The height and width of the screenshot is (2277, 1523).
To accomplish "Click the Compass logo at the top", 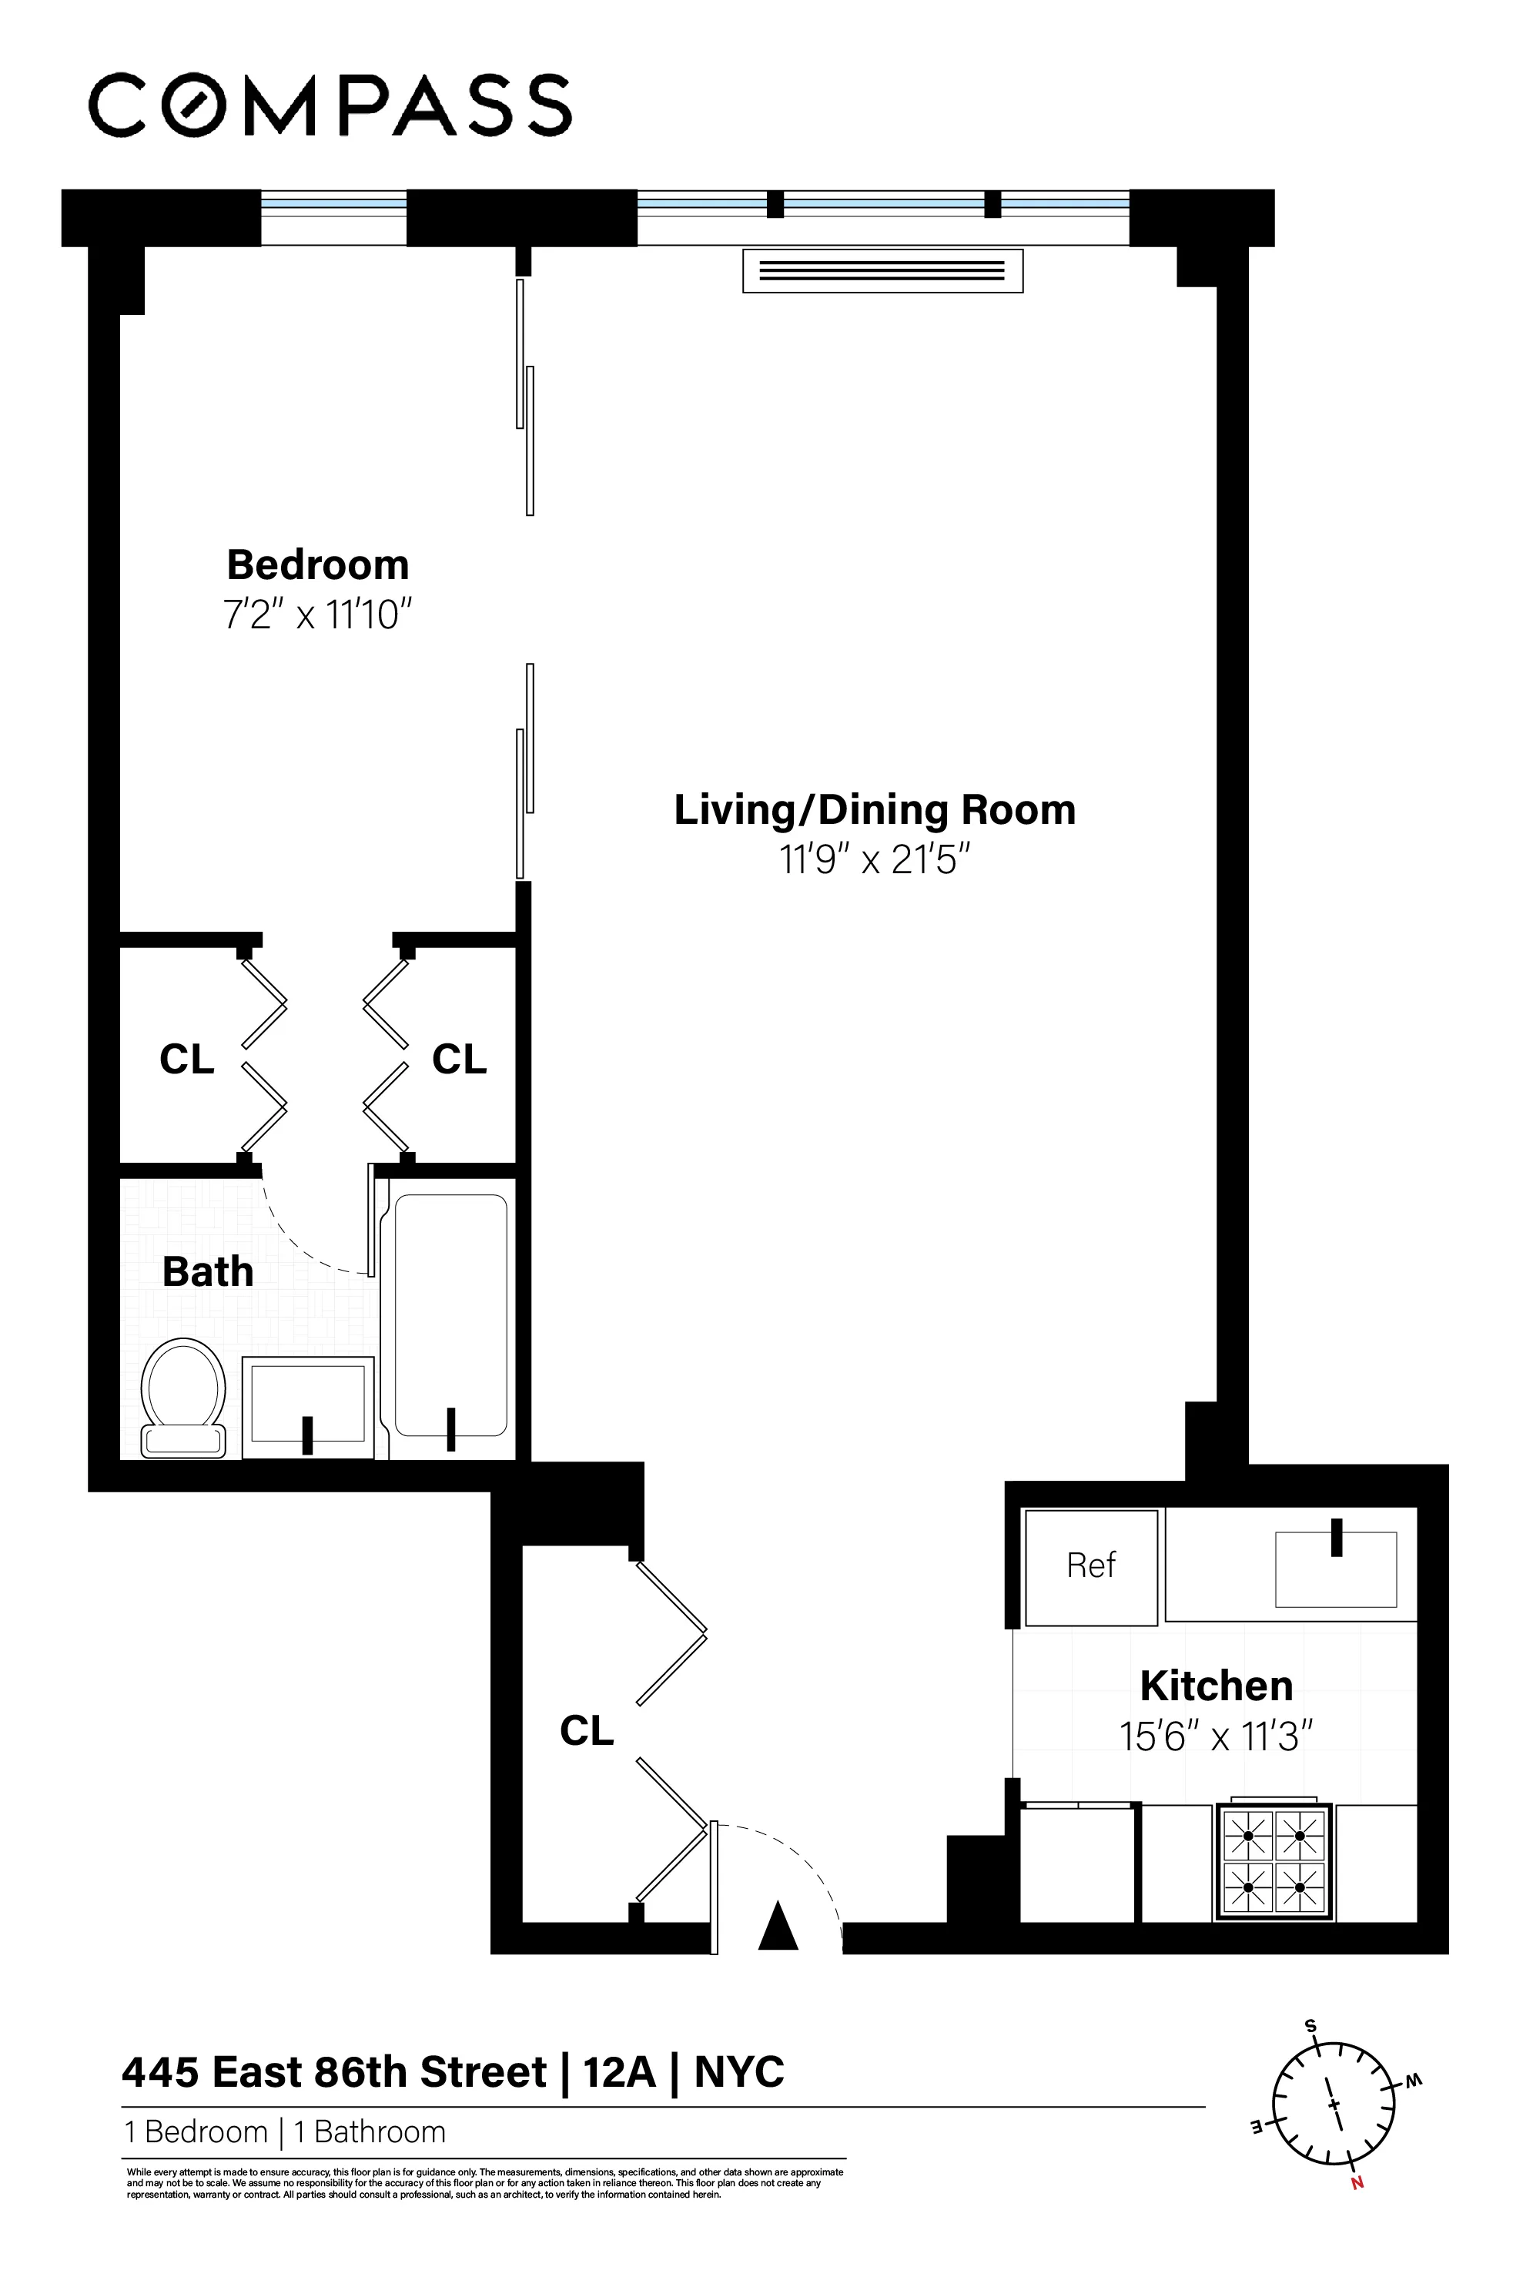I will click(330, 105).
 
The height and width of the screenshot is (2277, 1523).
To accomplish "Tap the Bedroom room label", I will click(318, 564).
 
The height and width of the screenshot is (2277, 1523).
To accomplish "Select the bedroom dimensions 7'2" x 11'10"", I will click(318, 615).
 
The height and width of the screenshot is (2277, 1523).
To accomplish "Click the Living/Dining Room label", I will click(874, 809).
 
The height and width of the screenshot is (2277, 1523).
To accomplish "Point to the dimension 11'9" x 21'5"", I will click(874, 859).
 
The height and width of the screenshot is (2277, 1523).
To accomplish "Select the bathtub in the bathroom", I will click(450, 1316).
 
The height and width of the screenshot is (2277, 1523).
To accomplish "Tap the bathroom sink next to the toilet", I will click(307, 1405).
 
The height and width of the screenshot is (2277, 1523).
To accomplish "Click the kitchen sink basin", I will click(1336, 1569).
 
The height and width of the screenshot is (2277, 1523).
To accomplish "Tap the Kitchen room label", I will click(1215, 1686).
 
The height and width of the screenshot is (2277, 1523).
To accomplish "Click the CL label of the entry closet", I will click(587, 1730).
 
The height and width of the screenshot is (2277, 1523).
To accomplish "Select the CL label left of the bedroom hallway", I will click(186, 1059).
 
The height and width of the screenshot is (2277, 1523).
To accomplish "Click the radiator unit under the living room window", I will click(882, 271).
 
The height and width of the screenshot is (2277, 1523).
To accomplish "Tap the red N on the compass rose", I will click(1357, 2183).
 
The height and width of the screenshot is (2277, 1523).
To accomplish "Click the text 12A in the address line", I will click(619, 2072).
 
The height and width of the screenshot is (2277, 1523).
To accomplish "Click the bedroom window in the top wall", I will click(333, 218).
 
